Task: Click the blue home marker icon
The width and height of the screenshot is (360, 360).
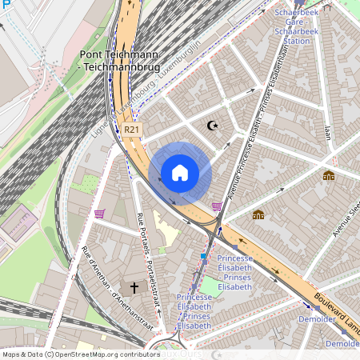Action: [x=180, y=173]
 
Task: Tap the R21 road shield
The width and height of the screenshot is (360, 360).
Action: [x=133, y=129]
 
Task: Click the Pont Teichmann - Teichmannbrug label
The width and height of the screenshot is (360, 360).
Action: [x=118, y=60]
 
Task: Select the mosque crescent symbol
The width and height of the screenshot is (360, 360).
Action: [x=212, y=125]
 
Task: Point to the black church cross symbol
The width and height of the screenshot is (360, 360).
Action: [x=134, y=286]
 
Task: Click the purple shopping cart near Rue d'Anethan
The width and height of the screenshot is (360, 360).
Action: [x=99, y=214]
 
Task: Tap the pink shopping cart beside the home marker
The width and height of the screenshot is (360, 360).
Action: [x=217, y=206]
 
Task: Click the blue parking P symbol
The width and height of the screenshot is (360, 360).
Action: [x=6, y=6]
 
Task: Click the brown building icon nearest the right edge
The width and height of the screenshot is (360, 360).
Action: [x=328, y=175]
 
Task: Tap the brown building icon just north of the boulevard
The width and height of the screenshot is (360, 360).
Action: [x=258, y=214]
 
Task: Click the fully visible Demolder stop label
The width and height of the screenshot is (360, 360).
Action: [x=317, y=318]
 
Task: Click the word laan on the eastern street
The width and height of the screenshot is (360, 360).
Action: [x=327, y=131]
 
